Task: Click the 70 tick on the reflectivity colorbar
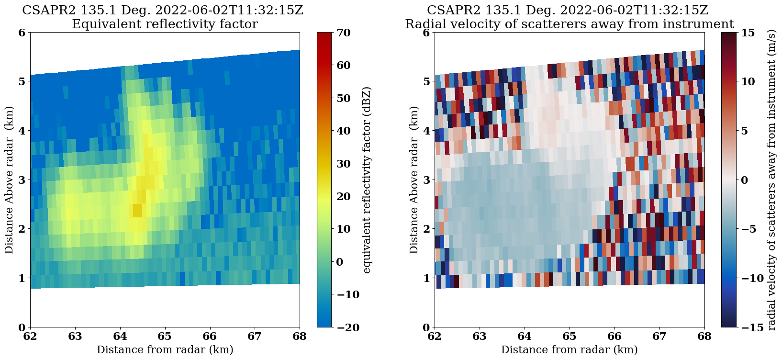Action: point(344,33)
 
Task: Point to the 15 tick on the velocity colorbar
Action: point(748,33)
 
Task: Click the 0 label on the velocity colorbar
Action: point(744,180)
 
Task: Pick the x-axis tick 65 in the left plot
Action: point(165,337)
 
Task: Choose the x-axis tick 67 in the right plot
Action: point(659,337)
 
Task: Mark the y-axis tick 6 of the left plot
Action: point(21,33)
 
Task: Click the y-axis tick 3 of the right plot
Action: point(425,180)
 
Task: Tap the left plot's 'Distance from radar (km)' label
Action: point(165,350)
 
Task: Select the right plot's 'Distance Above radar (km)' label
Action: point(414,180)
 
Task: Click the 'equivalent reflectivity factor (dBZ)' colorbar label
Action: point(367,180)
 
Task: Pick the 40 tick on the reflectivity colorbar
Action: point(344,131)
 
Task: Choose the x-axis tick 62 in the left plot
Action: point(30,337)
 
